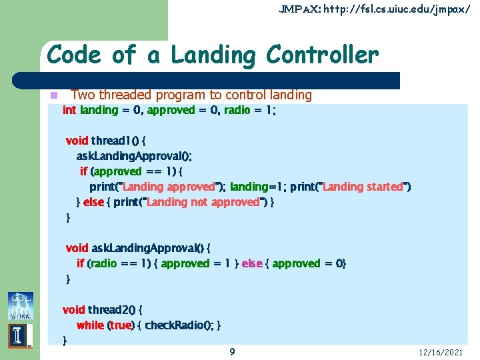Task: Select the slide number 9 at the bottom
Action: (x=231, y=351)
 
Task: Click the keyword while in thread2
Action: (x=90, y=325)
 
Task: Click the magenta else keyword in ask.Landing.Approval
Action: (x=251, y=263)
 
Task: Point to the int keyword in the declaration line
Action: (x=69, y=110)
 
